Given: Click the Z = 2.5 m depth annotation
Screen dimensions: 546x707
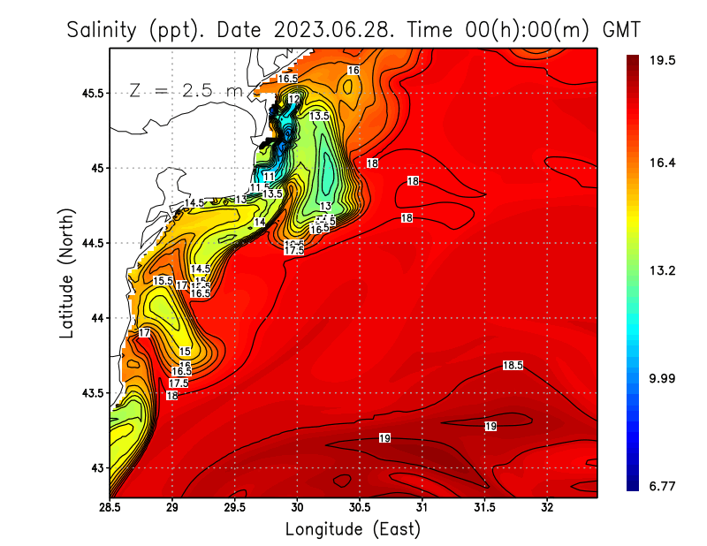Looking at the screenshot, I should (x=186, y=91).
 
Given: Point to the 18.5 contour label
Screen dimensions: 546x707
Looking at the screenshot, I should (x=513, y=365).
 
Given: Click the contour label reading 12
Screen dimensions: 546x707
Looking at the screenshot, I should (x=293, y=100).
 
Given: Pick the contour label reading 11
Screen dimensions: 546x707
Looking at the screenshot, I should (x=269, y=177).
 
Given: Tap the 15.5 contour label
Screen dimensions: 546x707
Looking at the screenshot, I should (x=163, y=281).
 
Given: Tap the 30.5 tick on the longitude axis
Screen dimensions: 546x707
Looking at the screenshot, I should (x=360, y=508).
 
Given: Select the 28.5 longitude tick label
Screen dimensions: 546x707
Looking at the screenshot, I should (x=110, y=508).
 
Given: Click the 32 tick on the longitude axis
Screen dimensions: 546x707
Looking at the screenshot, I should (x=547, y=508).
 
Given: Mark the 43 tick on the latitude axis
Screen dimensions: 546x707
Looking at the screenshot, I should (x=95, y=467).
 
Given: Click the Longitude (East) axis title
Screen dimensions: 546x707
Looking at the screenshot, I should (x=353, y=529).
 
